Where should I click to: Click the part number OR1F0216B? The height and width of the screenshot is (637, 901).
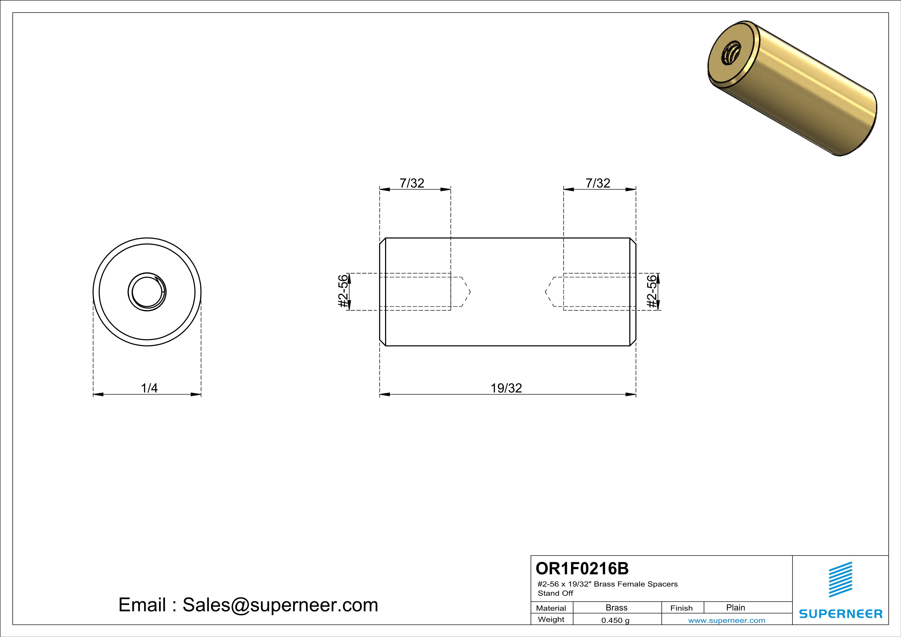pyautogui.click(x=582, y=568)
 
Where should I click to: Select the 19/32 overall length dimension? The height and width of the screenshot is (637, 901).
pyautogui.click(x=506, y=388)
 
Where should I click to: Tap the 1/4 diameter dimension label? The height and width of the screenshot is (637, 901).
pyautogui.click(x=149, y=388)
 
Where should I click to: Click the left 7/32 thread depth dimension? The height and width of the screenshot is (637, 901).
pyautogui.click(x=412, y=183)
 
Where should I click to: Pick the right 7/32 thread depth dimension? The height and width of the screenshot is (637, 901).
pyautogui.click(x=598, y=183)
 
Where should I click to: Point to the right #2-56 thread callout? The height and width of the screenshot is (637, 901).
pyautogui.click(x=652, y=292)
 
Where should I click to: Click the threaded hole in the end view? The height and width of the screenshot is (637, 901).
pyautogui.click(x=147, y=292)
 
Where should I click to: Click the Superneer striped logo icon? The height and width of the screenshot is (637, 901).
pyautogui.click(x=840, y=579)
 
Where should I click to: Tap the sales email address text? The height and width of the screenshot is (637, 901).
pyautogui.click(x=248, y=605)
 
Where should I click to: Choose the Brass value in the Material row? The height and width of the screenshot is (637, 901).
pyautogui.click(x=617, y=607)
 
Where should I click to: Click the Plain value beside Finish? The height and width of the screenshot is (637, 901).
pyautogui.click(x=735, y=607)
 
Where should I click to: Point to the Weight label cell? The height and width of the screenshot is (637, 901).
pyautogui.click(x=551, y=619)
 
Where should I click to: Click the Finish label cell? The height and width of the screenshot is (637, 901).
pyautogui.click(x=681, y=608)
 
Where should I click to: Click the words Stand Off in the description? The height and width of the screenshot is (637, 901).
pyautogui.click(x=555, y=593)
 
